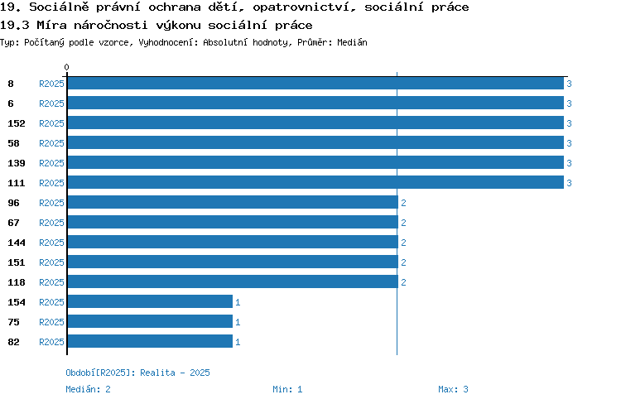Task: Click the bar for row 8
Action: [315, 83]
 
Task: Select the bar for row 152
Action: [315, 123]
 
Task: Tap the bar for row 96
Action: [233, 202]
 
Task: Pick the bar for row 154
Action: [150, 302]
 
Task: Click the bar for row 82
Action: [150, 341]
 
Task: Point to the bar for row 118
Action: [233, 282]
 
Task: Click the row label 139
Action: [17, 163]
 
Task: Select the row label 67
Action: [13, 223]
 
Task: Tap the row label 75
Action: [13, 322]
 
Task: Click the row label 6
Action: [11, 103]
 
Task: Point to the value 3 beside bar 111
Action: [569, 183]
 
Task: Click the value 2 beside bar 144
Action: [403, 243]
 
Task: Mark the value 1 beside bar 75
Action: [238, 322]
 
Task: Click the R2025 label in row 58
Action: [51, 143]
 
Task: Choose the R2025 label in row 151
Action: [51, 262]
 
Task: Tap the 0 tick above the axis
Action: [66, 67]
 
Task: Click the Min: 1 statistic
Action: [287, 389]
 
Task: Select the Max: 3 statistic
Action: [453, 389]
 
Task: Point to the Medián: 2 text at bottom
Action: [88, 389]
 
